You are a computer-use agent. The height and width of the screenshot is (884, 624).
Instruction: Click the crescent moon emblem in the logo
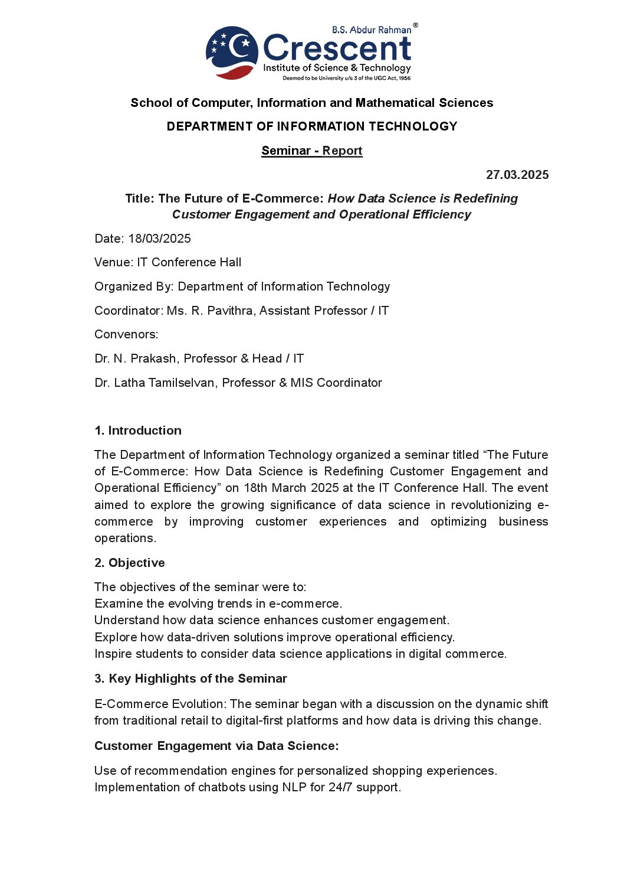pyautogui.click(x=232, y=52)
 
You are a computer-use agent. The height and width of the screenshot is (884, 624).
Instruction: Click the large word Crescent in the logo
pyautogui.click(x=337, y=48)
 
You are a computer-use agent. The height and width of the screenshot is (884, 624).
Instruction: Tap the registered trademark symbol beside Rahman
pyautogui.click(x=415, y=25)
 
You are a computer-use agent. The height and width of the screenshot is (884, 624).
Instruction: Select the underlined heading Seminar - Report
pyautogui.click(x=311, y=151)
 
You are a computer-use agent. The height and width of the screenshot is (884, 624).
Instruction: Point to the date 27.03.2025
pyautogui.click(x=517, y=175)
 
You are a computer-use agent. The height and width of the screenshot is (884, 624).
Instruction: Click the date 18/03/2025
pyautogui.click(x=159, y=239)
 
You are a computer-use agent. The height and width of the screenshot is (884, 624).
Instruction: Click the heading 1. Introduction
pyautogui.click(x=138, y=430)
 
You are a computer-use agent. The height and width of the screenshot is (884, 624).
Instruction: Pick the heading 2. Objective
pyautogui.click(x=130, y=563)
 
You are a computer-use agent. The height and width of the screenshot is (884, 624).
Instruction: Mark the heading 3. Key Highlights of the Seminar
pyautogui.click(x=191, y=679)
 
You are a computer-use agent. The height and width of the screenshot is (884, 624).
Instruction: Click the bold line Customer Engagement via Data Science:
pyautogui.click(x=216, y=746)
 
